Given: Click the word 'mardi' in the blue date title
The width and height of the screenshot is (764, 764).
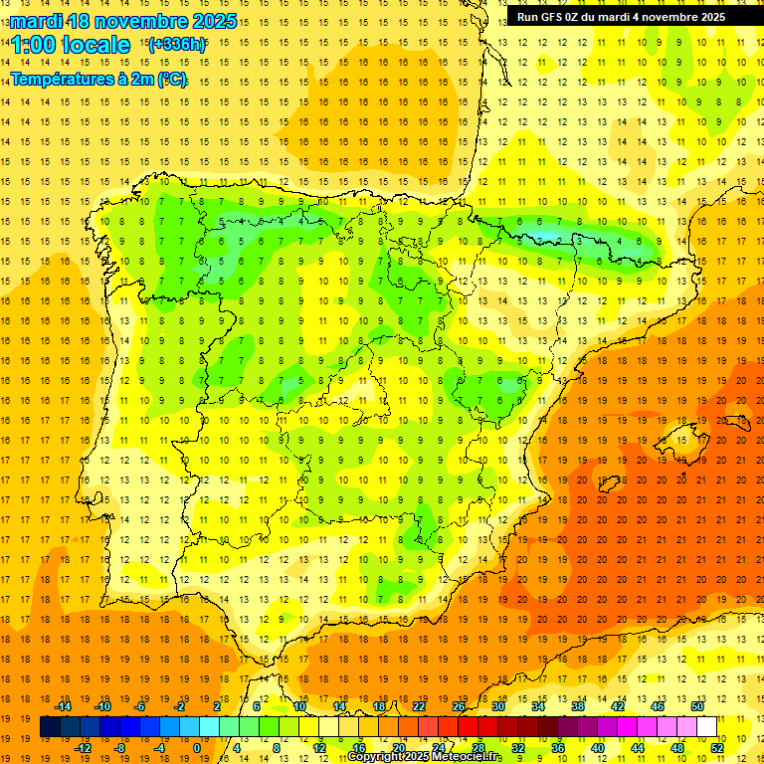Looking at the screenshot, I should (x=37, y=21).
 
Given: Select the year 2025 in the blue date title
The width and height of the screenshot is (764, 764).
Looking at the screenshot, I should (x=214, y=21).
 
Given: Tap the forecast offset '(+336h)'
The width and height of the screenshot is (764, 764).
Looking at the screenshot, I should (x=177, y=45).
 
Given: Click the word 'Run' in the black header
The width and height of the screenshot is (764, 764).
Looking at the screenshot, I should (x=527, y=17).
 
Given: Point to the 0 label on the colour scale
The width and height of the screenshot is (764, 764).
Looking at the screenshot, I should (x=196, y=748).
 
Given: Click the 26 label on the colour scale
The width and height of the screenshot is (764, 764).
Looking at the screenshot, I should (x=459, y=706).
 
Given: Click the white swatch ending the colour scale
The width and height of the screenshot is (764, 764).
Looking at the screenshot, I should (x=706, y=727).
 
